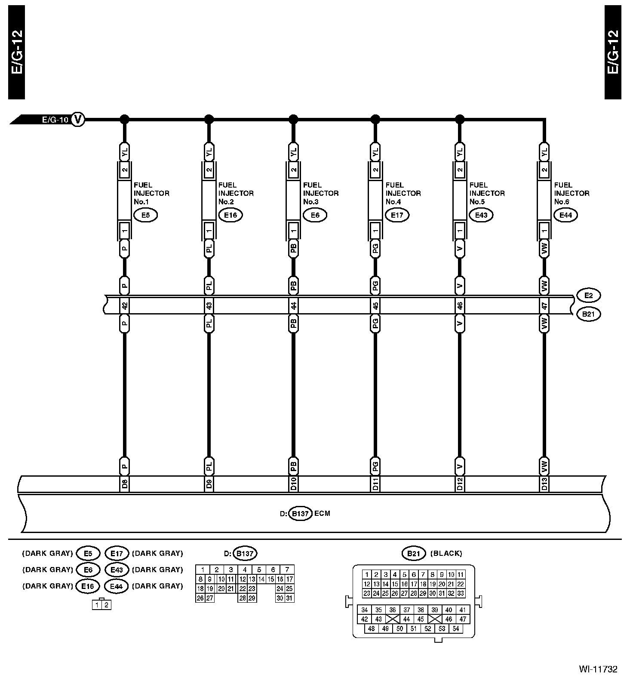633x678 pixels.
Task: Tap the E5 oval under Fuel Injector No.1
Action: (x=146, y=215)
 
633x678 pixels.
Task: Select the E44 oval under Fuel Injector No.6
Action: (x=565, y=215)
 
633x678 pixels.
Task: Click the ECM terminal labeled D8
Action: (x=124, y=484)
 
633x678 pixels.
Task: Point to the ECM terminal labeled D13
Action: (x=544, y=484)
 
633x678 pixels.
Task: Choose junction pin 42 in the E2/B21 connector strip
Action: (x=124, y=305)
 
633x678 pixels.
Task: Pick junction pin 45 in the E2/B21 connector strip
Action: (x=375, y=305)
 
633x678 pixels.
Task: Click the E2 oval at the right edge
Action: (x=588, y=296)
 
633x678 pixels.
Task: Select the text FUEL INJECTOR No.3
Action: (x=320, y=193)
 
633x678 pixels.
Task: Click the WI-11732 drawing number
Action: (x=598, y=669)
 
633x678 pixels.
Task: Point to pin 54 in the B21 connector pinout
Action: (x=456, y=629)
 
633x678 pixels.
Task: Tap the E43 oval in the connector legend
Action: (x=117, y=570)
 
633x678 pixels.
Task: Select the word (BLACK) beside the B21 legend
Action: (x=446, y=553)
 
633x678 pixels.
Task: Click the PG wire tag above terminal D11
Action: (x=375, y=466)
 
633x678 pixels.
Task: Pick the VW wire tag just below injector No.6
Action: (x=544, y=249)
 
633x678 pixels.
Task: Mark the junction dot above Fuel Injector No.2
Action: (x=209, y=119)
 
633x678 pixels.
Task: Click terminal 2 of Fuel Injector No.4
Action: (x=375, y=170)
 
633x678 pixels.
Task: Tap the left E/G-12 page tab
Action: (x=16, y=52)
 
